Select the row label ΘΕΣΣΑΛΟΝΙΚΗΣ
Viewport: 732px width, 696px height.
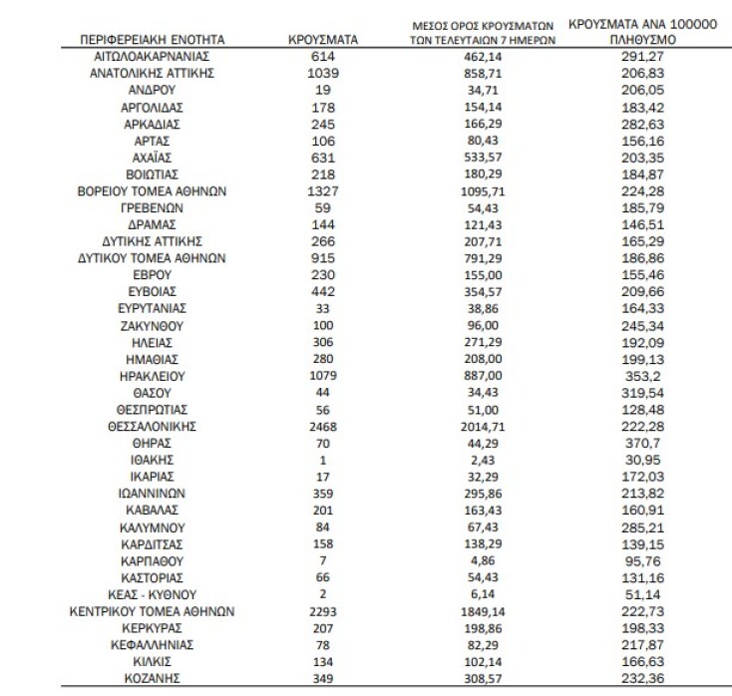click(155, 426)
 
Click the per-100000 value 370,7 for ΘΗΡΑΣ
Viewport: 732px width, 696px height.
click(642, 443)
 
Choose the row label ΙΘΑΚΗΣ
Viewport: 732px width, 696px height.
click(155, 460)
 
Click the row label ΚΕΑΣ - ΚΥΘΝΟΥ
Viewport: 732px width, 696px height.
click(155, 593)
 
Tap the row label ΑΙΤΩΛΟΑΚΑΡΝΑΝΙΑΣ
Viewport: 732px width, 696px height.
click(155, 57)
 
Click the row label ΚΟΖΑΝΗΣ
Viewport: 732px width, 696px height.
click(155, 677)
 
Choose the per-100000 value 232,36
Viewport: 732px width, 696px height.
click(642, 677)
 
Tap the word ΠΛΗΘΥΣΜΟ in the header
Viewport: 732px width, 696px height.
click(642, 39)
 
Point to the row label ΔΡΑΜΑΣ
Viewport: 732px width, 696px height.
click(155, 224)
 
